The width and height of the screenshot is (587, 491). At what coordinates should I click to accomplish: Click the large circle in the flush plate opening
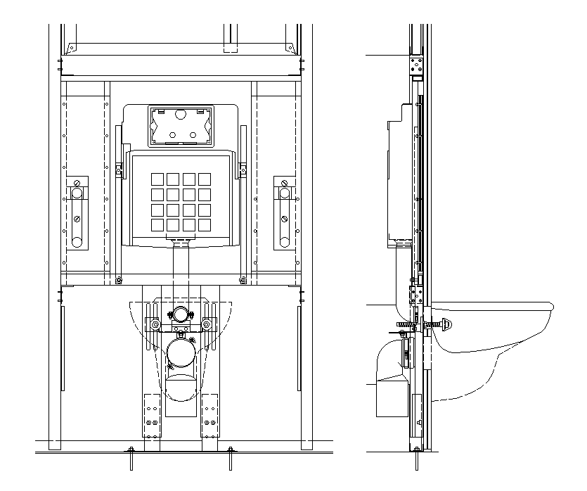[180, 114]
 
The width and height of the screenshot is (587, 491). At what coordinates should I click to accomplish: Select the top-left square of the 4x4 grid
[155, 179]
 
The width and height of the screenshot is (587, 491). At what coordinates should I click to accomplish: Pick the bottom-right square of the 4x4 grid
[204, 225]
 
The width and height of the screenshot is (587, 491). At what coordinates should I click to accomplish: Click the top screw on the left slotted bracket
[77, 192]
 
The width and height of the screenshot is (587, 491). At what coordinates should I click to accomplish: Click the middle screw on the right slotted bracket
[284, 217]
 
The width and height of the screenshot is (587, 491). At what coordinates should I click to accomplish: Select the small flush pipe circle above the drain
[181, 314]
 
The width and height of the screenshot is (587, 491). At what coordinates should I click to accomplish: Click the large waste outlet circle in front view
[181, 352]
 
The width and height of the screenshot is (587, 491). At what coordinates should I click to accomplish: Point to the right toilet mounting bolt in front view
[209, 324]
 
